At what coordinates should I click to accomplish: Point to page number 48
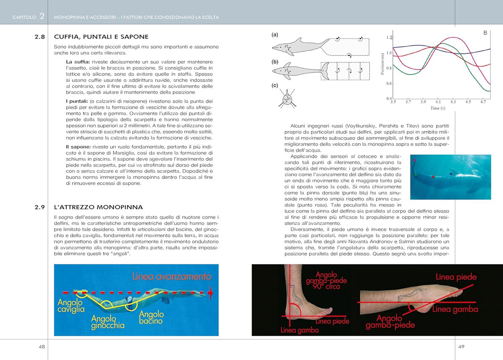pyautogui.click(x=42, y=347)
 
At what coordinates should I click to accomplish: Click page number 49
pyautogui.click(x=461, y=347)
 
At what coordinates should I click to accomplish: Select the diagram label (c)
pyautogui.click(x=275, y=86)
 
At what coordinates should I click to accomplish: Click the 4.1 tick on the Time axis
pyautogui.click(x=438, y=102)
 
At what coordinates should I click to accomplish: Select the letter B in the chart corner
pyautogui.click(x=485, y=33)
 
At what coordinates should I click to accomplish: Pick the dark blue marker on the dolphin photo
pyautogui.click(x=451, y=173)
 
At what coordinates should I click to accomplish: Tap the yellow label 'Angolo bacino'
pyautogui.click(x=148, y=318)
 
